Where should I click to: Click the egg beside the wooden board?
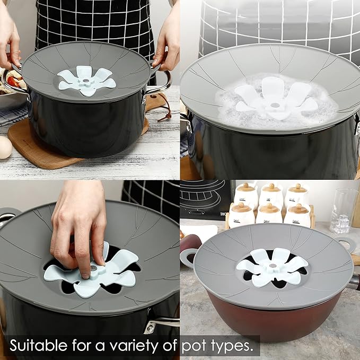pyautogui.click(x=4, y=147)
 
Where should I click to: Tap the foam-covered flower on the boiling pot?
pyautogui.click(x=276, y=99)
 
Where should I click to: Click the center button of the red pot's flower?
pyautogui.click(x=272, y=265)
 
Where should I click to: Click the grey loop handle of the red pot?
pyautogui.click(x=188, y=257)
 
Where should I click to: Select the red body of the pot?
pyautogui.click(x=265, y=318)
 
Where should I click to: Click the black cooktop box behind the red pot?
pyautogui.click(x=204, y=199)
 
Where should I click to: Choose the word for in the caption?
pyautogui.click(x=92, y=346)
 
